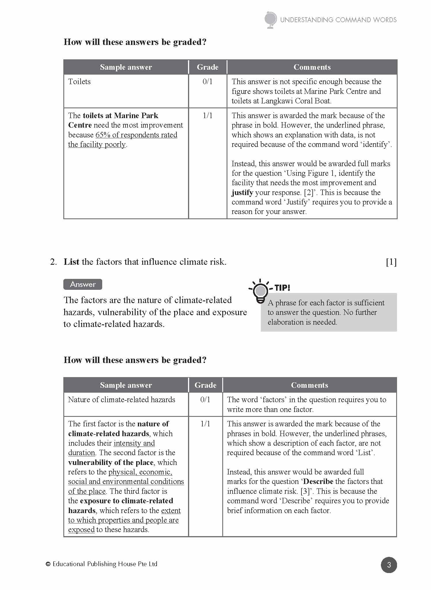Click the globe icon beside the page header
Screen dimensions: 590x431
coord(270,20)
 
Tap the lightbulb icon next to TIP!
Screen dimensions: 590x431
coord(260,291)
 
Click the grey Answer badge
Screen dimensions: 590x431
coord(83,284)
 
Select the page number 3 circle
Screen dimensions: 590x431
coord(389,565)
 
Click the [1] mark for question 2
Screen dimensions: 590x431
coord(391,262)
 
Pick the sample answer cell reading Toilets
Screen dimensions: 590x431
coord(79,82)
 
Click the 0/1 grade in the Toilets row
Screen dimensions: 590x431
coord(207,82)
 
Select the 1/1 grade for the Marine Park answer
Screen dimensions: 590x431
coord(207,116)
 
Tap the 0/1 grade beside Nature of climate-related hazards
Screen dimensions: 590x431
coord(205,400)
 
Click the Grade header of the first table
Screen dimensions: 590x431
coord(208,67)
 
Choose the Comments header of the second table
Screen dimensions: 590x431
coord(310,385)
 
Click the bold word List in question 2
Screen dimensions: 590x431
coord(71,262)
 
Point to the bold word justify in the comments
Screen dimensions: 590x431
coord(242,192)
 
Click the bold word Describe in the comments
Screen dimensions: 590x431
coord(318,481)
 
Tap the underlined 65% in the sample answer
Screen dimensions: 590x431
coord(103,135)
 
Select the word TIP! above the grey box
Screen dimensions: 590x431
coord(282,288)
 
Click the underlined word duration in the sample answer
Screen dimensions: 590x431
coord(81,453)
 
